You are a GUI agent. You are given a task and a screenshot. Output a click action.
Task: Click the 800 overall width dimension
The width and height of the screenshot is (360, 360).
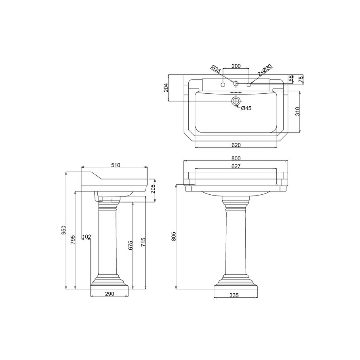[236, 158]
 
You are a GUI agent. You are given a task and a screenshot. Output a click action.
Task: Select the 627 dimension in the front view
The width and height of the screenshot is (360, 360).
[236, 166]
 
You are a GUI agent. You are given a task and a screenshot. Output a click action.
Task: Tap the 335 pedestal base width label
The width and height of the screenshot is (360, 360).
[234, 295]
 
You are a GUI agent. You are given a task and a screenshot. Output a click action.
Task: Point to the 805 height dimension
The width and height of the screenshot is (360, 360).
[174, 236]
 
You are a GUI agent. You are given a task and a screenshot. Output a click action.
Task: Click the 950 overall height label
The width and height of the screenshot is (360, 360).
[63, 230]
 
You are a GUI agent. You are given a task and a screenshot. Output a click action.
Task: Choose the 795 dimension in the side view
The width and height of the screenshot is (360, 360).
[73, 240]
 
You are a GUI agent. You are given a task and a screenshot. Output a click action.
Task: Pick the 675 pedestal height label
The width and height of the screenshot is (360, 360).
[131, 245]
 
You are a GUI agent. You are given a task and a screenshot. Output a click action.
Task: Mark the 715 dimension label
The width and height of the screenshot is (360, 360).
[143, 242]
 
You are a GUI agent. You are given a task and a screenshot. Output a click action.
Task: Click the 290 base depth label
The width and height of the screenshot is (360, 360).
[109, 294]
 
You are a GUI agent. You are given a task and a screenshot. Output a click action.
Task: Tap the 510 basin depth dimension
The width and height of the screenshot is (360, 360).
[116, 165]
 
